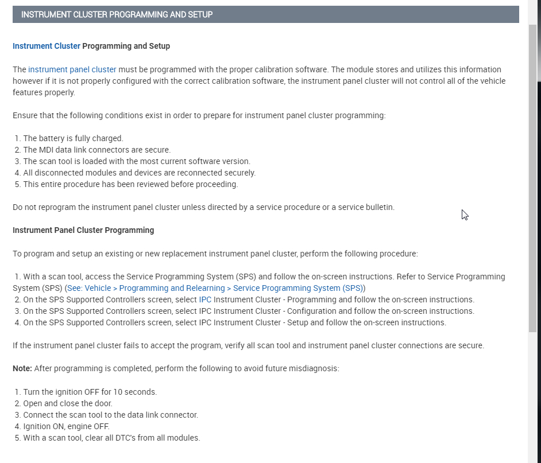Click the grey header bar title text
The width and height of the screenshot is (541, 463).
point(117,14)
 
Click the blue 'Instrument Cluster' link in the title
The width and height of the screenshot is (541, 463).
point(47,46)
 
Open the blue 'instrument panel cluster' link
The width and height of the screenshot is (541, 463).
point(72,69)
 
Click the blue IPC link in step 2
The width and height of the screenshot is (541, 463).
point(206,299)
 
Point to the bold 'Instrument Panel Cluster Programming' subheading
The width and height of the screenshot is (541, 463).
point(83,230)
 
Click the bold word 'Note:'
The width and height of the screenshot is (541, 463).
point(22,368)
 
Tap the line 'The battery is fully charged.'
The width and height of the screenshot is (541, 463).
point(73,138)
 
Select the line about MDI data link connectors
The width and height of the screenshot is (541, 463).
point(96,150)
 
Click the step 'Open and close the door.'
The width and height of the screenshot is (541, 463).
point(68,403)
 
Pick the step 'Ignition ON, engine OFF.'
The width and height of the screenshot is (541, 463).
point(66,426)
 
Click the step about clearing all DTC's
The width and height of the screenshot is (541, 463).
point(111,438)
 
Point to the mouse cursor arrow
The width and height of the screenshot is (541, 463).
point(465,215)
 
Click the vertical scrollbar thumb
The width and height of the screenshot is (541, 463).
point(532,178)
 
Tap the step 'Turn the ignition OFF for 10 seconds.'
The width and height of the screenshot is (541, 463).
point(90,392)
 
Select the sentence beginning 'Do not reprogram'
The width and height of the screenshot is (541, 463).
point(203,207)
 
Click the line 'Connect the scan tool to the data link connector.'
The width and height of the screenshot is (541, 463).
point(110,415)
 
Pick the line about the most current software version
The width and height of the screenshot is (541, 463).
point(137,161)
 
